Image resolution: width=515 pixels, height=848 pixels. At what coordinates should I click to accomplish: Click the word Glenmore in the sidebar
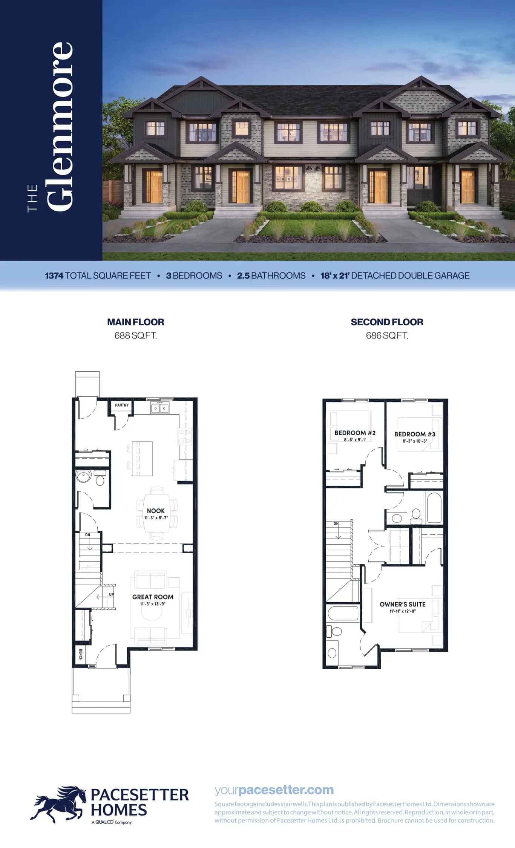tap(60, 126)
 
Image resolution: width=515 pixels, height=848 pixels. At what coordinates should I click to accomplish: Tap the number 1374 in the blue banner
tap(54, 276)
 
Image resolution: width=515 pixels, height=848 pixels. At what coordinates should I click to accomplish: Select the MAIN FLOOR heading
tap(136, 322)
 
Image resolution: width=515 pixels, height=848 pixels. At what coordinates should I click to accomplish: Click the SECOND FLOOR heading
tap(387, 322)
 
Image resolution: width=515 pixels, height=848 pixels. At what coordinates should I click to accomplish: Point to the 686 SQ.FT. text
tap(387, 335)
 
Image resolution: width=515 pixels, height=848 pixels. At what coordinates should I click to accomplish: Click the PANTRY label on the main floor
tap(122, 405)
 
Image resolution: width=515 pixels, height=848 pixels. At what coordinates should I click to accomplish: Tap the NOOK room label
tap(156, 511)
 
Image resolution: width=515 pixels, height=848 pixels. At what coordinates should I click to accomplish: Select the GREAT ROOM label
tap(153, 597)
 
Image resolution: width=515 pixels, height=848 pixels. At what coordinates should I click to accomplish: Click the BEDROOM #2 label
tap(355, 433)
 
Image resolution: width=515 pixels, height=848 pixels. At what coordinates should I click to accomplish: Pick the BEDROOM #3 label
tap(415, 434)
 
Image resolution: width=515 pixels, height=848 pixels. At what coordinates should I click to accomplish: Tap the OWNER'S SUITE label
tap(403, 604)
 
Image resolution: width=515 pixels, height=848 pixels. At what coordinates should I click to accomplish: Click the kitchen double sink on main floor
tap(160, 408)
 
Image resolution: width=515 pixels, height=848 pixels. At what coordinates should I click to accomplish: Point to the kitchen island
tap(143, 459)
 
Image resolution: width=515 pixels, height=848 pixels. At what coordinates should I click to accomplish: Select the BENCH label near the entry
tap(81, 654)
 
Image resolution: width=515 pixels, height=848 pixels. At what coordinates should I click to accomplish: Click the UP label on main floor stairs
tap(111, 594)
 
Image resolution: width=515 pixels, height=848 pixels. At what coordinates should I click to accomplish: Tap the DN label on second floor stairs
tap(336, 523)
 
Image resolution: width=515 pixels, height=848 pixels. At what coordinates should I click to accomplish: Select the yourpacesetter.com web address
tap(274, 790)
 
